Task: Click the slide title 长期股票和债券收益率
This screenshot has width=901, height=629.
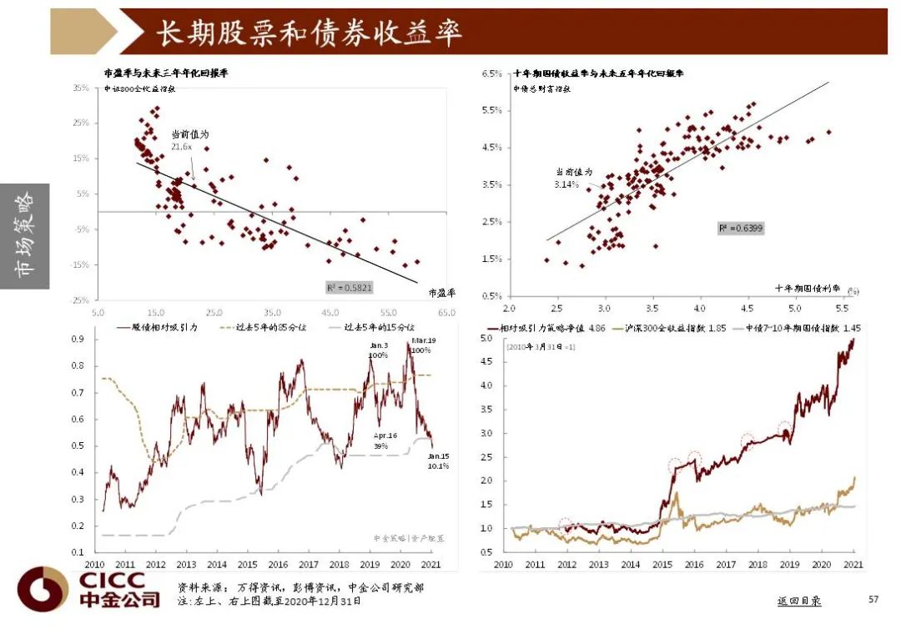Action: coord(310,33)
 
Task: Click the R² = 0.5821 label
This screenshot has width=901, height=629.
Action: coord(350,287)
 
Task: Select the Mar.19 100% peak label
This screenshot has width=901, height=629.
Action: coord(420,345)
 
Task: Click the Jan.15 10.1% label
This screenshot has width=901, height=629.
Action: coord(439,460)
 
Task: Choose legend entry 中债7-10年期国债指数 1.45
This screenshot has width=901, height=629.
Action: coord(798,328)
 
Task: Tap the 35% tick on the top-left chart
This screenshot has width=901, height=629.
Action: coord(81,87)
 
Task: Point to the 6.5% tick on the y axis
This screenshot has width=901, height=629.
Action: coord(491,73)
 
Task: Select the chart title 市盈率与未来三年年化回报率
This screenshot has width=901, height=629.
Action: coord(165,73)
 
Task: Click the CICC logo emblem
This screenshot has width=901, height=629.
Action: coord(43,589)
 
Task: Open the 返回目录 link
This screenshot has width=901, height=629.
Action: coord(798,601)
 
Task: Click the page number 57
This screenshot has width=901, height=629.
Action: coord(873,599)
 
